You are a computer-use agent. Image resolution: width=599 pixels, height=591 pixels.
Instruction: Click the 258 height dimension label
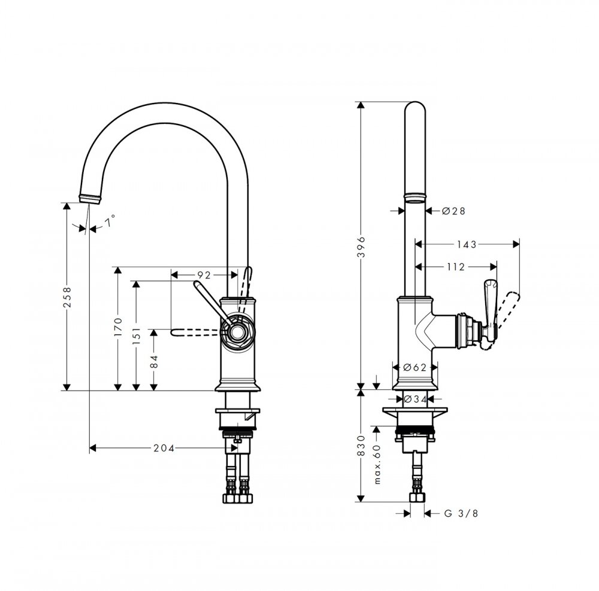(x=67, y=297)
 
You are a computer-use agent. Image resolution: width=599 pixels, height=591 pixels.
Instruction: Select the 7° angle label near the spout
(x=110, y=221)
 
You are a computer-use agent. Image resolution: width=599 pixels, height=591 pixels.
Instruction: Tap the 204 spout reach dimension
(x=164, y=448)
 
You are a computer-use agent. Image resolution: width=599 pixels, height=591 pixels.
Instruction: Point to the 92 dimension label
(x=204, y=275)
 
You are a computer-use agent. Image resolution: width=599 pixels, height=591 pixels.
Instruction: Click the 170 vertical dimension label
(x=118, y=327)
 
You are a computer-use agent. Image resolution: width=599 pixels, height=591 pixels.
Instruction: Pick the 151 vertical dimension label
(x=137, y=336)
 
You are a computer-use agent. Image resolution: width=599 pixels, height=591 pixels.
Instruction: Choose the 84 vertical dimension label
(x=154, y=361)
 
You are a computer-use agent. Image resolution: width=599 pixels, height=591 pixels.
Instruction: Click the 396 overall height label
(x=361, y=246)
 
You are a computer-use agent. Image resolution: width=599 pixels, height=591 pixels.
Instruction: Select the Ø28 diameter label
(x=454, y=211)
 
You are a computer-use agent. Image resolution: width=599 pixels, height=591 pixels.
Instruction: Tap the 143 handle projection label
(x=467, y=244)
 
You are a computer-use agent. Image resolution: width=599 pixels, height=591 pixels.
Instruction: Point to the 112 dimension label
(x=456, y=267)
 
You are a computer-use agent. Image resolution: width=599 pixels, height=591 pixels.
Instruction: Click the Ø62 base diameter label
(x=415, y=367)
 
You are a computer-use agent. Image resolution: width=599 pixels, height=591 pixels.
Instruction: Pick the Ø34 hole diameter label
(x=415, y=399)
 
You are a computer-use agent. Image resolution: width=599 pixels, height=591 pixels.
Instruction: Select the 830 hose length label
(x=361, y=446)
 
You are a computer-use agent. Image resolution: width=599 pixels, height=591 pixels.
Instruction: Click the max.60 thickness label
(x=377, y=464)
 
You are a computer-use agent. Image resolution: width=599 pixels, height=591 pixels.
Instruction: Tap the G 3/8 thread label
(x=461, y=513)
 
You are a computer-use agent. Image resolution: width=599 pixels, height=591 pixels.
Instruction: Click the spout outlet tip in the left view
(x=90, y=199)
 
